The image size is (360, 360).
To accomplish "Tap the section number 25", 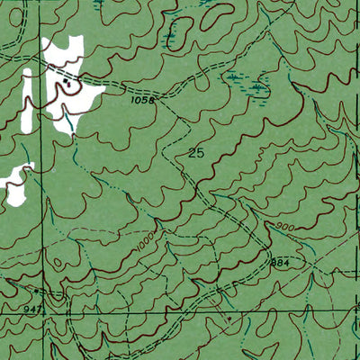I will [x=196, y=153].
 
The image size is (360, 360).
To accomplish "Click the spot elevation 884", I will [x=280, y=260].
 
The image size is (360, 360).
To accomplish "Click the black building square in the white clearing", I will [x=67, y=82].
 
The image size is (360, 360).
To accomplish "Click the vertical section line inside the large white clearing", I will [x=45, y=90].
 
